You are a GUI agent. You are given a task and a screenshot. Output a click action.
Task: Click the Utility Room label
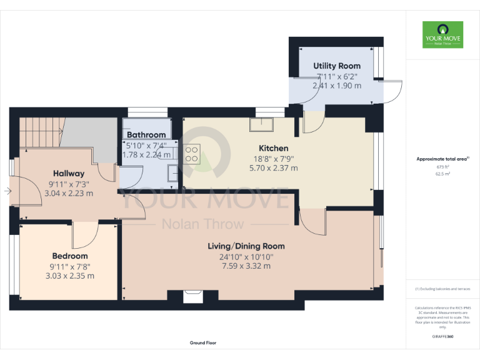tap(337, 66)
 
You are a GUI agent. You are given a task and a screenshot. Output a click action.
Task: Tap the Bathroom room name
tap(146, 134)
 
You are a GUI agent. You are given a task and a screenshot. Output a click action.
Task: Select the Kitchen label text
tap(274, 148)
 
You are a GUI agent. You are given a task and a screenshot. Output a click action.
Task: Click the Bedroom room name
tap(69, 256)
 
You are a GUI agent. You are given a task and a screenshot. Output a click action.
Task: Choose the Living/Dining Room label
tap(246, 246)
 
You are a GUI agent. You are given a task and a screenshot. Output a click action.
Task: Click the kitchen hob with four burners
tap(191, 154)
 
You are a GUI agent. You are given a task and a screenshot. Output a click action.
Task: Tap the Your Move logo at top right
tap(442, 35)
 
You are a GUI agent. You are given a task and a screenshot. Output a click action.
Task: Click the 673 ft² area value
tap(442, 167)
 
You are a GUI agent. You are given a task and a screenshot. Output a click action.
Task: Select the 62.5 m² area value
tap(442, 174)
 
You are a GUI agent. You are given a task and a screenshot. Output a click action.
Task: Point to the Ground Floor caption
tap(203, 343)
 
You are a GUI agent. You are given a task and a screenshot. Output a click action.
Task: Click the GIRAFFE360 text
tap(442, 336)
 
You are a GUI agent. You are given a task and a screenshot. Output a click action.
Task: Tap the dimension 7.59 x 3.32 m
tap(246, 266)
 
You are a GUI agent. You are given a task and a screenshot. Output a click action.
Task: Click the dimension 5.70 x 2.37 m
tap(274, 167)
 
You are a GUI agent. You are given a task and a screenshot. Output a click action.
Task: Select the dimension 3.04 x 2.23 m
tap(69, 193)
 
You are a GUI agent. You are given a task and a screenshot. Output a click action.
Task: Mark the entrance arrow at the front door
tap(6, 191)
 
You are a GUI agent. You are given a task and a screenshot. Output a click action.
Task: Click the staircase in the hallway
tap(41, 132)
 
